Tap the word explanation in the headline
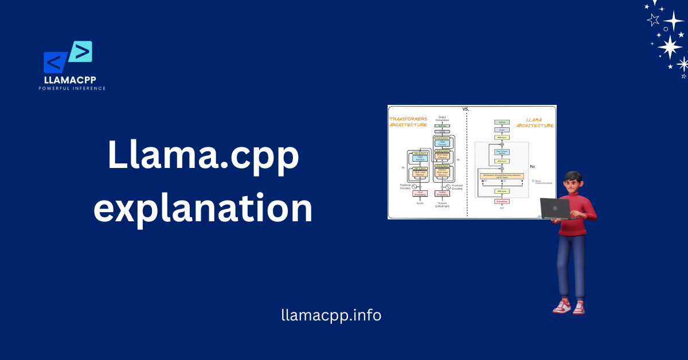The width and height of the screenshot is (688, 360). tap(204, 209)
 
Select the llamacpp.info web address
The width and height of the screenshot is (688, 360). tap(331, 315)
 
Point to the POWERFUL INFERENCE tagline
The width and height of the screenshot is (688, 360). tap(72, 88)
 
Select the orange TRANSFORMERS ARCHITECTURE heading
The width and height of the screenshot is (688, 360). tap(408, 122)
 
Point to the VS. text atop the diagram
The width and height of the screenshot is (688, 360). tap(466, 108)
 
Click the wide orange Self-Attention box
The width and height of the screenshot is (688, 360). tap(502, 175)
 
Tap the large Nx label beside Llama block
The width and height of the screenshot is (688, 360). tap(532, 166)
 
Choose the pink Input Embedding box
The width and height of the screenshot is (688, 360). tap(420, 194)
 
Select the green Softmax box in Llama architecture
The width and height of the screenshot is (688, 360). tap(502, 122)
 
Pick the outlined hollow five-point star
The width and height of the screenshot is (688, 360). tap(653, 19)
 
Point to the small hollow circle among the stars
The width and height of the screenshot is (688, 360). tap(666, 29)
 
